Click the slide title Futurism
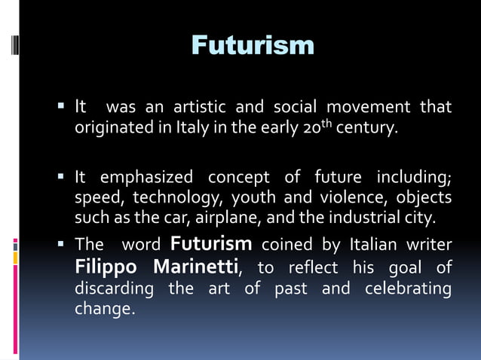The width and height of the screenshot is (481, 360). click(x=253, y=45)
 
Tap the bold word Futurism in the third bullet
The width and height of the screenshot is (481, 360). click(x=211, y=244)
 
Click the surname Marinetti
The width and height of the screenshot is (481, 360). click(x=196, y=267)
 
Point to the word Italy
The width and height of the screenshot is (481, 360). click(x=191, y=128)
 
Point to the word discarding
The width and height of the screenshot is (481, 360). click(x=113, y=288)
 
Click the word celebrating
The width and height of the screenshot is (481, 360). click(x=408, y=288)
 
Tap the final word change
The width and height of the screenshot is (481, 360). click(x=104, y=309)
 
